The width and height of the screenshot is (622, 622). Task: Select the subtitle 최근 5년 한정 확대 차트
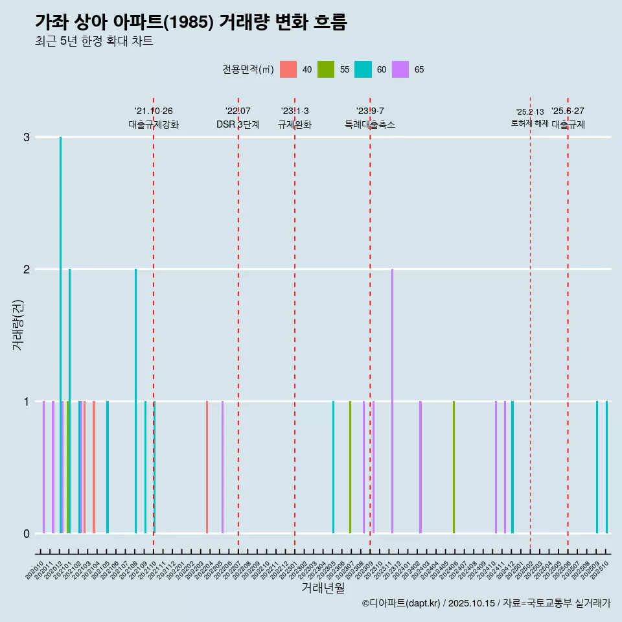(x=94, y=41)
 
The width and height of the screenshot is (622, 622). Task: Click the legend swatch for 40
(x=288, y=69)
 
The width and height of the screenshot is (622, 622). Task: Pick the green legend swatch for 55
(x=326, y=69)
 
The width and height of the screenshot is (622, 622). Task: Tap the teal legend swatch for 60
(x=363, y=69)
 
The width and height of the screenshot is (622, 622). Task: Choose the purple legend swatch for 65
(x=401, y=69)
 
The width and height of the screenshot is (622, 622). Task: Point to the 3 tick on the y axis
(x=27, y=137)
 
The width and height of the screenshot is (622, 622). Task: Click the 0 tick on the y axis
(x=27, y=533)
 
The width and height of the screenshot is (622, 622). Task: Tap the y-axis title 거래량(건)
(x=18, y=324)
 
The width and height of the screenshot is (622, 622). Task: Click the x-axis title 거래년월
(x=323, y=588)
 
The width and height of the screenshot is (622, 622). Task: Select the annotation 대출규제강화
(x=154, y=124)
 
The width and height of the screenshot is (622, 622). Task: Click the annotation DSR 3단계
(x=238, y=124)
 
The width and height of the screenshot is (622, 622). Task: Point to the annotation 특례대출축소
(x=370, y=124)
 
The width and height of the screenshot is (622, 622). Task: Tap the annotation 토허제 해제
(x=530, y=123)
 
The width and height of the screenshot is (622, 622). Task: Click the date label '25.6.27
(x=568, y=111)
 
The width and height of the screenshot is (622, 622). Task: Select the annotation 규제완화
(x=295, y=124)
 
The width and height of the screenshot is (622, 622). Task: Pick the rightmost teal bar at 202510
(x=606, y=466)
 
